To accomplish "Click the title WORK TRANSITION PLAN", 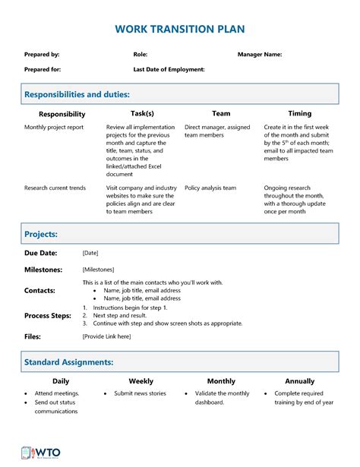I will click(x=180, y=29).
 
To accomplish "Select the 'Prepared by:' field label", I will click(x=42, y=55).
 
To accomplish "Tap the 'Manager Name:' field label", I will click(x=259, y=55).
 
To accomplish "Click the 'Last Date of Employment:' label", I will click(x=169, y=69).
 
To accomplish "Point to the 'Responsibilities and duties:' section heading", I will click(x=77, y=94).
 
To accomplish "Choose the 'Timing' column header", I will click(x=299, y=113).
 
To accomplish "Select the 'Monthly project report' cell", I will click(x=55, y=128).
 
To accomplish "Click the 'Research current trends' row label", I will click(x=55, y=188).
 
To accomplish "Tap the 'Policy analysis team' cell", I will click(x=210, y=188).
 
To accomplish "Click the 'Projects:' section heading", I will click(x=41, y=235).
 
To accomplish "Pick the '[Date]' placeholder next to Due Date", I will click(x=90, y=253).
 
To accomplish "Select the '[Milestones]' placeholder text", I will click(x=98, y=270).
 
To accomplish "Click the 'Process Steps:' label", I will click(x=48, y=315).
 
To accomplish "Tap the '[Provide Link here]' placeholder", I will click(x=106, y=336).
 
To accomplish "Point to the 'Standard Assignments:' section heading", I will click(x=69, y=362).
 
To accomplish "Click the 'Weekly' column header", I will click(x=141, y=381).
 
